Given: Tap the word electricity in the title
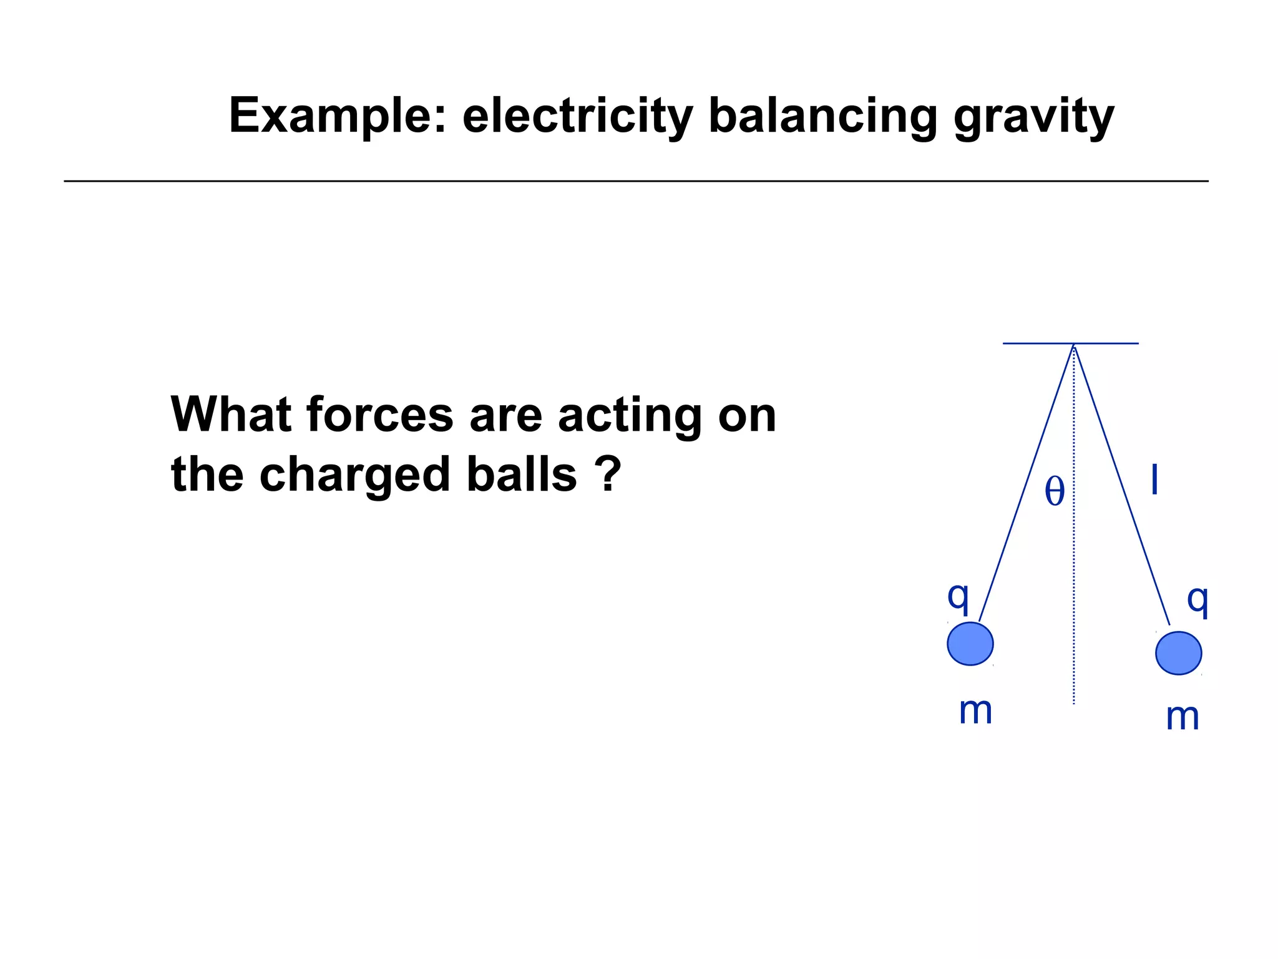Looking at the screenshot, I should [x=577, y=116].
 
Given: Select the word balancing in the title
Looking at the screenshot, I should [x=822, y=116].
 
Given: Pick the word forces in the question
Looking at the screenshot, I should [x=380, y=415].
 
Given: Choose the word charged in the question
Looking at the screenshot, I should [x=354, y=475].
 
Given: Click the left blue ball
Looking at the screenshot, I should [x=970, y=644].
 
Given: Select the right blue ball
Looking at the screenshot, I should [x=1178, y=653].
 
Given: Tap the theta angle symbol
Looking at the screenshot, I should [x=1055, y=491].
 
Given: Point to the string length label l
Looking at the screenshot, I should [x=1154, y=480].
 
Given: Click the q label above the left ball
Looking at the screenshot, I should [x=958, y=596].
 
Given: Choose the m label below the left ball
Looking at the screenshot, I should [x=975, y=711].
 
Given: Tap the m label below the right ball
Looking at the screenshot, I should [x=1183, y=717].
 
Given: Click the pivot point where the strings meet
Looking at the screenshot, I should [x=1073, y=345].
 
